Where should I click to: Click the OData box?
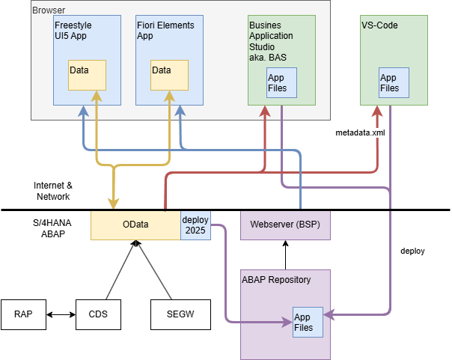(x=135, y=225)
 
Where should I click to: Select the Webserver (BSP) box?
(x=285, y=225)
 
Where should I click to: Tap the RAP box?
(x=23, y=314)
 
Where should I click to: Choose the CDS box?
(x=98, y=314)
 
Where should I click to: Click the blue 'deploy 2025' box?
(x=196, y=225)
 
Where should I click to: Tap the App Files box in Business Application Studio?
(x=281, y=82)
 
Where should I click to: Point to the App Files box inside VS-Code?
(x=394, y=82)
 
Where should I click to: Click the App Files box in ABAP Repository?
(x=308, y=322)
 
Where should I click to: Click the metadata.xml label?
(x=360, y=132)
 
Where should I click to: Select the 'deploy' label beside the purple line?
(x=412, y=251)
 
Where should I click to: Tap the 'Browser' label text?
(x=49, y=10)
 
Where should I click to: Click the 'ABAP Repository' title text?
(x=276, y=279)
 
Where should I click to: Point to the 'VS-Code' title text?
(x=379, y=25)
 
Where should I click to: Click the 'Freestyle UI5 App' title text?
(x=73, y=30)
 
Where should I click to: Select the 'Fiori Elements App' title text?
(x=165, y=30)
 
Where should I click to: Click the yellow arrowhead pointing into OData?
(x=114, y=204)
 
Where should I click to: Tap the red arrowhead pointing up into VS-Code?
(x=377, y=111)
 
